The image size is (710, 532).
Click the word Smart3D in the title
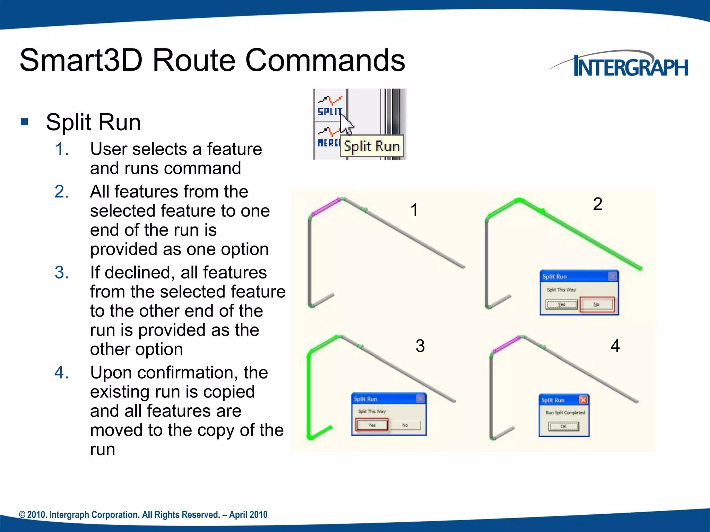[x=81, y=61]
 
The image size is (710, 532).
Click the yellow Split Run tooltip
[x=372, y=147]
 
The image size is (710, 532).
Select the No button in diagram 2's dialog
[x=596, y=304]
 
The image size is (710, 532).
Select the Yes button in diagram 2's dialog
[x=561, y=304]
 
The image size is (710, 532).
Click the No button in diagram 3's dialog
[x=405, y=425]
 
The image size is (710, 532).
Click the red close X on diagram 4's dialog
[x=583, y=400]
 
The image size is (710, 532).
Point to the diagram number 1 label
[x=414, y=210]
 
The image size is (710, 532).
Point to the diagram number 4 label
[x=615, y=346]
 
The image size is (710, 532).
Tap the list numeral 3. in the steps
[x=62, y=273]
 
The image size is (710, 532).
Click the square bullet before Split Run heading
[x=24, y=122]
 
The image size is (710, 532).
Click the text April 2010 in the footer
[x=248, y=515]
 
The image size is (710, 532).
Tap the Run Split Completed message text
[x=565, y=413]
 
